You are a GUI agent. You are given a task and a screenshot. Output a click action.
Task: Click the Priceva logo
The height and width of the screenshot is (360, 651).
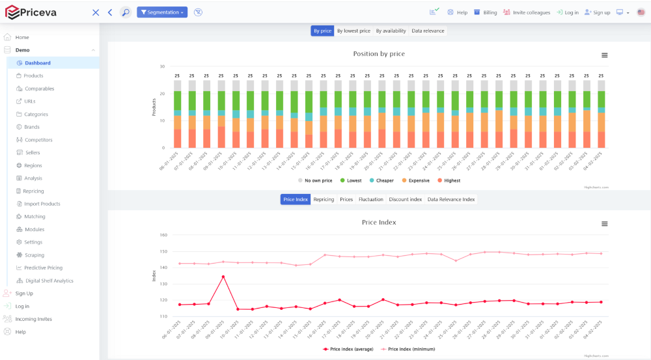tap(32, 12)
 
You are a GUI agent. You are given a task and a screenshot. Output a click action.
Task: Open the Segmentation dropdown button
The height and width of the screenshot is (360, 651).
tap(162, 12)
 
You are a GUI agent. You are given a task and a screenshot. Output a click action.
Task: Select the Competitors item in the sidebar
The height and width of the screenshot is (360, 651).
tap(38, 140)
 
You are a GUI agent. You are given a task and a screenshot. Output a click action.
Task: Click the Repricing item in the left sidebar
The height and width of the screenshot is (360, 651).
tap(34, 191)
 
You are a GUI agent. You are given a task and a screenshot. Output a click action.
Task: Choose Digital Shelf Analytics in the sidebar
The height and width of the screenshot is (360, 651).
tap(49, 281)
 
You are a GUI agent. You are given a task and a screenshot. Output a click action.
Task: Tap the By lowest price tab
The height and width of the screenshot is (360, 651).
tap(353, 31)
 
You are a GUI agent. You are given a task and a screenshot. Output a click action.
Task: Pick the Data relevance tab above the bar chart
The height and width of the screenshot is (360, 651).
tap(428, 31)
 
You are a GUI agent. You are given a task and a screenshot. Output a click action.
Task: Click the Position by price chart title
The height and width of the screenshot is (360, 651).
tap(379, 54)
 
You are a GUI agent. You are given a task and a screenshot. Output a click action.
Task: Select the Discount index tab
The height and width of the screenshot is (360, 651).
tap(405, 199)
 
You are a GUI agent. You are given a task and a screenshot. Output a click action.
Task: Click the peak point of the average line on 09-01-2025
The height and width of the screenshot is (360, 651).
tap(223, 277)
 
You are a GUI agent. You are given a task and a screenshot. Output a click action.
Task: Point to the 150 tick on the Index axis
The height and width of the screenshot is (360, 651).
tap(163, 251)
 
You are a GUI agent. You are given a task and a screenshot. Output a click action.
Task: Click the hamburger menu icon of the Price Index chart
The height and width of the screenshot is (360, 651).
tap(604, 224)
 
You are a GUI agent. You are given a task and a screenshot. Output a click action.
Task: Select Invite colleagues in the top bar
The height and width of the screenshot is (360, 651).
tap(527, 12)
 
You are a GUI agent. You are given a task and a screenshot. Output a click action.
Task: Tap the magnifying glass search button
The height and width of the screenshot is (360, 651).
tap(125, 12)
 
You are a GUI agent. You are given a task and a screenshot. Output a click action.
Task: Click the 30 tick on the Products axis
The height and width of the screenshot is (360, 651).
tap(162, 66)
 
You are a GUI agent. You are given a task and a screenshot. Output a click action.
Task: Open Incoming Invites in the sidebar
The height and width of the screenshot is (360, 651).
tap(33, 319)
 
